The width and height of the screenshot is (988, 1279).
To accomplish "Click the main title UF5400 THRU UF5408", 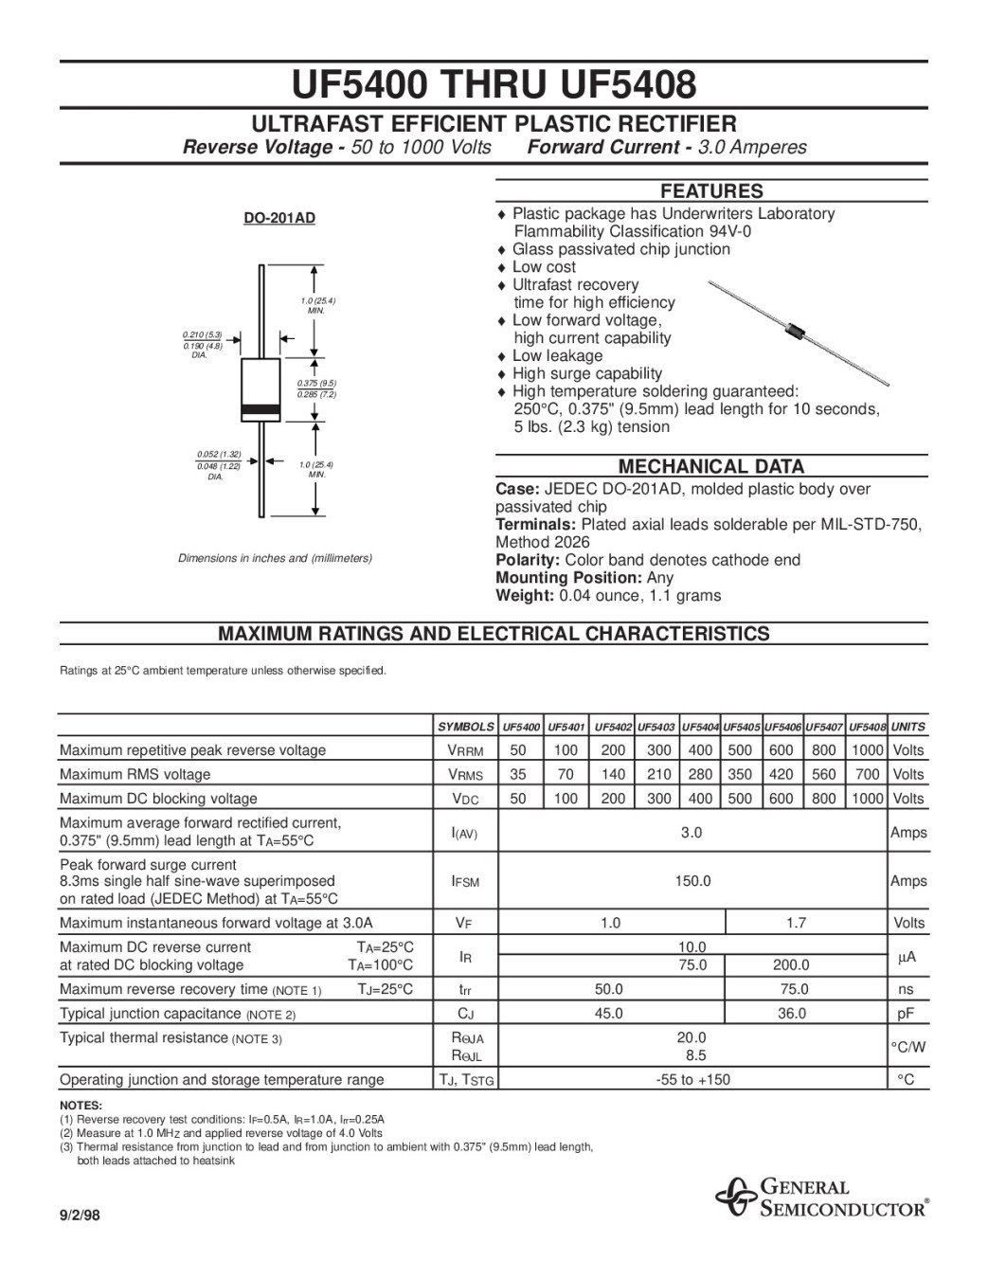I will point(494,85).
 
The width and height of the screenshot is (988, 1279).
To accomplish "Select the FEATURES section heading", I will point(710,190).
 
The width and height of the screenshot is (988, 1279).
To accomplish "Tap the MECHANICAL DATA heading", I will point(710,466).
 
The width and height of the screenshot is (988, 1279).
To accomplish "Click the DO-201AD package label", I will point(279,218).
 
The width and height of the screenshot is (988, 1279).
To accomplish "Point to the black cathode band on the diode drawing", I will point(260,409).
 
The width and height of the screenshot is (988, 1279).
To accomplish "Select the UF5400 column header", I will point(520,727).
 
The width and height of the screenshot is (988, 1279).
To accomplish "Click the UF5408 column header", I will point(867,727).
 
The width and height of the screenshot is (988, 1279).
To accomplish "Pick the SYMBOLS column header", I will point(465,727).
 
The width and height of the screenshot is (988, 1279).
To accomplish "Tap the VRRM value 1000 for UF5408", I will point(867,750).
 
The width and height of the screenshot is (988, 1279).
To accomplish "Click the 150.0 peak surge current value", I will point(692,881).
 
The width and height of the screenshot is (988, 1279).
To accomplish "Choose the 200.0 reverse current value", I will point(791,965).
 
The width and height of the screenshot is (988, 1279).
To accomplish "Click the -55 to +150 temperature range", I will point(692,1079).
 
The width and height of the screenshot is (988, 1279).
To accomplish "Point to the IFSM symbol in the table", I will point(465,882).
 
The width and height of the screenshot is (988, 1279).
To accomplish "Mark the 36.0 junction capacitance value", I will point(791,1013).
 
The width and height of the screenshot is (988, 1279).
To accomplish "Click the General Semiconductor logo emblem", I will point(733,1197).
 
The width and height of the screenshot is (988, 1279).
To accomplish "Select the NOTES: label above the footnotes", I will point(81,1105).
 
